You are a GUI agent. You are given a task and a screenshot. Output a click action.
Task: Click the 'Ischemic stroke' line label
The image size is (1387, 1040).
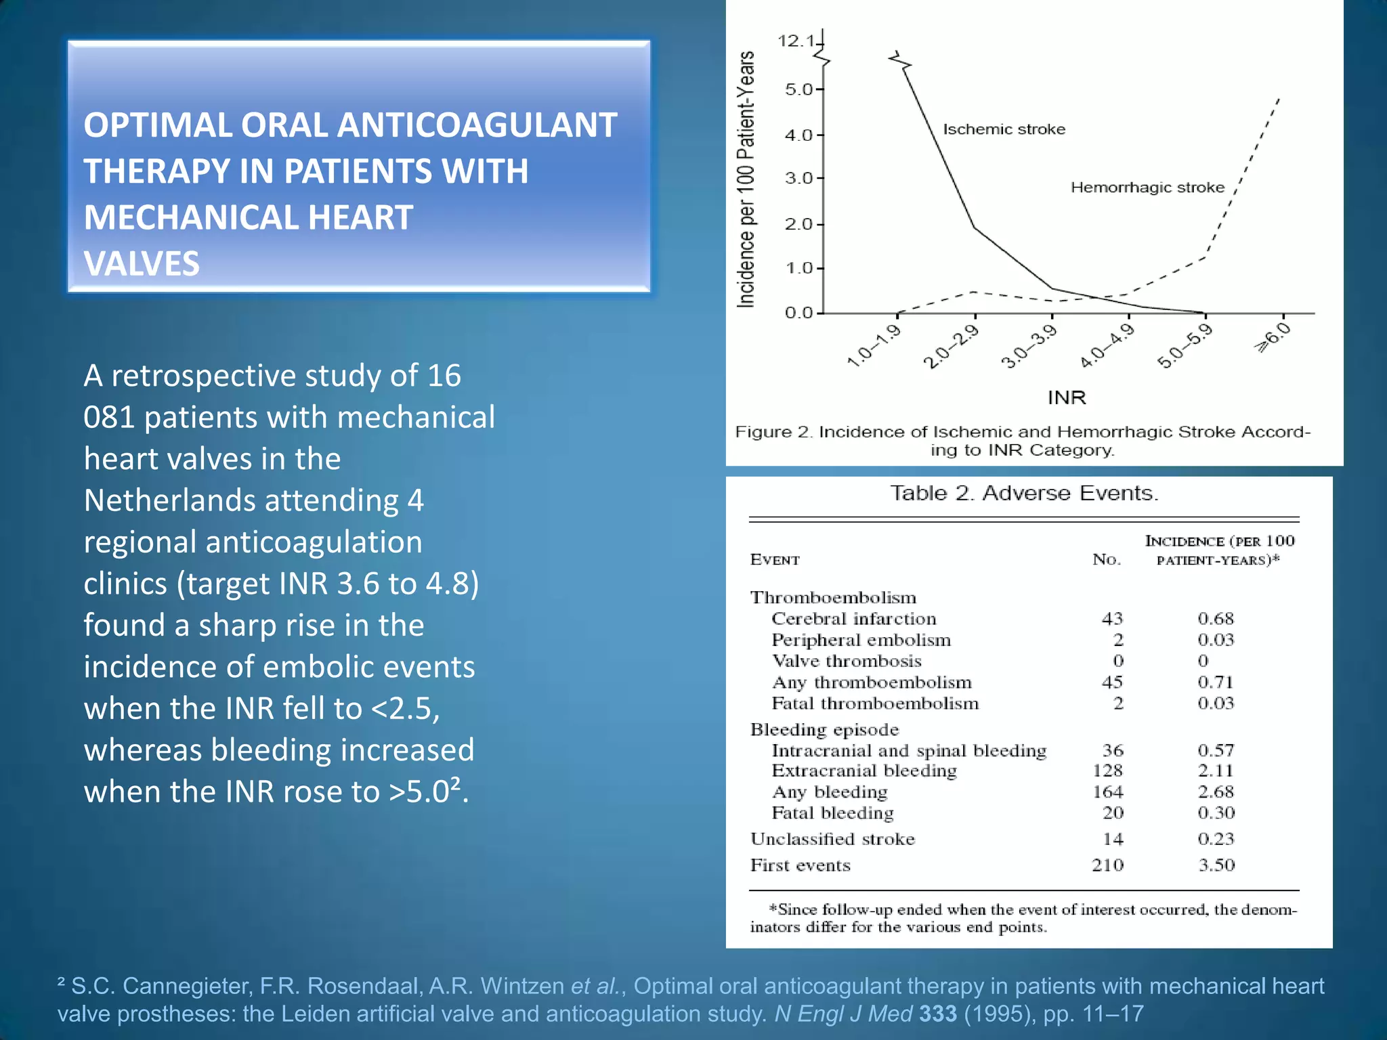(1004, 129)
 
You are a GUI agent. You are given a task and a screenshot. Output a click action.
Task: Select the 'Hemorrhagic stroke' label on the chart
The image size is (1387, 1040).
(1147, 188)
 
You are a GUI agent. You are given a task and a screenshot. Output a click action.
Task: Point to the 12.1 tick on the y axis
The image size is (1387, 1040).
(796, 41)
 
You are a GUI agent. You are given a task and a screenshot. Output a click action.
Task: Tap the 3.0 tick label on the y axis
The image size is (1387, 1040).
(799, 179)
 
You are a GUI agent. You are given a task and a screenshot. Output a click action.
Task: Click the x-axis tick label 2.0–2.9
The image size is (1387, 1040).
(951, 346)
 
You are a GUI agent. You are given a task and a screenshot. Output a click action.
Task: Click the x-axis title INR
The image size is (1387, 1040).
(1067, 397)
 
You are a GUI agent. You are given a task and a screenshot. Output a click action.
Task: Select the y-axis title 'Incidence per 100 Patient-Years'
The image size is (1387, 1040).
(746, 179)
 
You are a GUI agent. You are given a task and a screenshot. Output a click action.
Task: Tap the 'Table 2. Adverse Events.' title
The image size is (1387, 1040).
(1024, 493)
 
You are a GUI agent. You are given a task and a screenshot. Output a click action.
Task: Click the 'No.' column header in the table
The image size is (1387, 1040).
(1107, 559)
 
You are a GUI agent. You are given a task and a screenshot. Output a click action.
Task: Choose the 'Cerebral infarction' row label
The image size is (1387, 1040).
(854, 619)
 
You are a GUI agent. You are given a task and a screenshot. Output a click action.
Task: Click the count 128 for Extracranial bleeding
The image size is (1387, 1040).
(1107, 771)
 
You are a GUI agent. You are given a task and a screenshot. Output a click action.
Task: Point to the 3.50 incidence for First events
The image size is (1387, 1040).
(1216, 865)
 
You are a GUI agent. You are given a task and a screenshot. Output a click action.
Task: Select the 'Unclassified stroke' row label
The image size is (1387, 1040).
(832, 840)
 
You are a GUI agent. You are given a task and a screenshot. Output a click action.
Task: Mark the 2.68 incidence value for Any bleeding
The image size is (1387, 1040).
(1216, 792)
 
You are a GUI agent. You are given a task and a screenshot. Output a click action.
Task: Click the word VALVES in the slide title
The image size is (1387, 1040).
(142, 263)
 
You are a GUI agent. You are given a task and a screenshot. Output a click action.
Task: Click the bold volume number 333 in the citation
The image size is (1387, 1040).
(938, 1014)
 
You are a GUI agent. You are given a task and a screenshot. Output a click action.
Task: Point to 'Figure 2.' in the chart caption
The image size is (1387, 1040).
(773, 432)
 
